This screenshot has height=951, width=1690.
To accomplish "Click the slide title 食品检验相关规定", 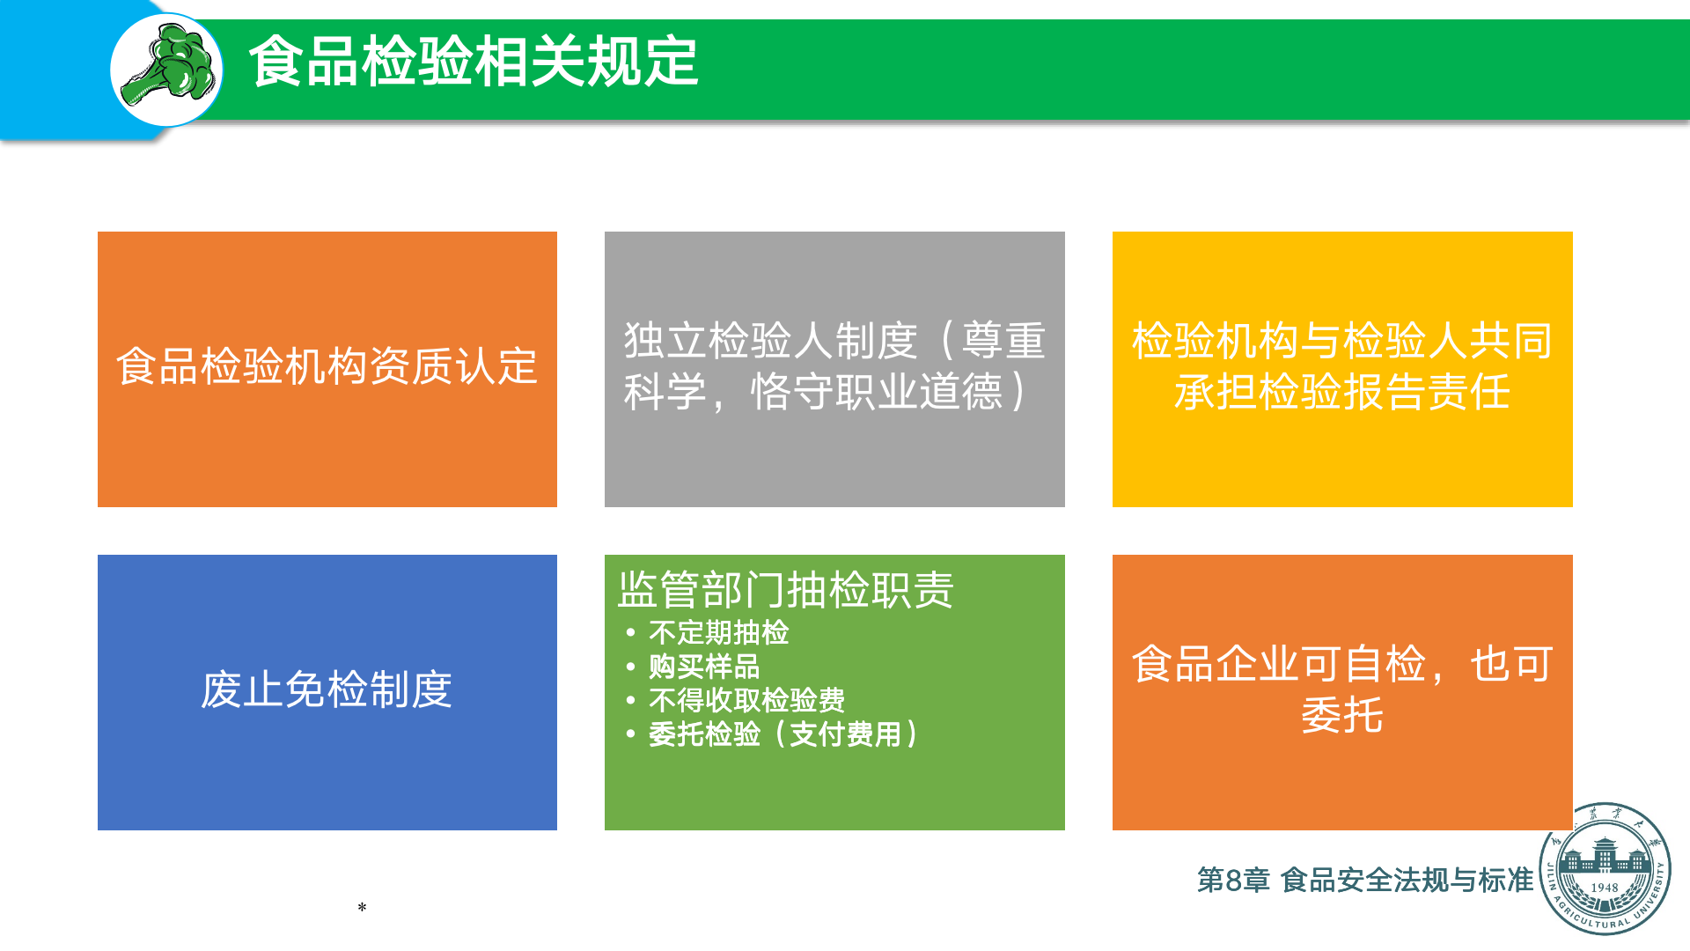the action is pyautogui.click(x=474, y=62).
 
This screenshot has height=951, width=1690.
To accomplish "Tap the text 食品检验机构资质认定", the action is pyautogui.click(x=327, y=366).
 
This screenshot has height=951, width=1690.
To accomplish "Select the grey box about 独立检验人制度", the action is pyautogui.click(x=834, y=369).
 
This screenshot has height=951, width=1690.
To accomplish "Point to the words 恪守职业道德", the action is pyautogui.click(x=877, y=392).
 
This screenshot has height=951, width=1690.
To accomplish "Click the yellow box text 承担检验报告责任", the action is pyautogui.click(x=1342, y=392).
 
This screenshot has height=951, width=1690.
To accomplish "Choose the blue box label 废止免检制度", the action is pyautogui.click(x=327, y=689).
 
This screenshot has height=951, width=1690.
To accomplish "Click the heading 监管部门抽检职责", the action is pyautogui.click(x=786, y=589).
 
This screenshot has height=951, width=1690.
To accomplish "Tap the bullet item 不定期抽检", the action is pyautogui.click(x=718, y=632).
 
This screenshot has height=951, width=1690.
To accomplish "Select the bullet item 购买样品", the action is pyautogui.click(x=704, y=667).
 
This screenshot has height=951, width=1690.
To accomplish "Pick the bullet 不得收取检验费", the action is pyautogui.click(x=746, y=700).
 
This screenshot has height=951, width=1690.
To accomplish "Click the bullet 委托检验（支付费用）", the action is pyautogui.click(x=783, y=734).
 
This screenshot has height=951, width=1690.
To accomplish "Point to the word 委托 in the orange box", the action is pyautogui.click(x=1342, y=715).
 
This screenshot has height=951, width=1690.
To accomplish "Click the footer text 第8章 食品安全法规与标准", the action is pyautogui.click(x=1365, y=880).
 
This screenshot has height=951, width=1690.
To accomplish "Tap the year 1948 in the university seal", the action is pyautogui.click(x=1605, y=888).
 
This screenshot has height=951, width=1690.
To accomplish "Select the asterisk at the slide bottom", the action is pyautogui.click(x=362, y=907).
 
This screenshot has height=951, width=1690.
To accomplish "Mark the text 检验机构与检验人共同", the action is pyautogui.click(x=1342, y=341).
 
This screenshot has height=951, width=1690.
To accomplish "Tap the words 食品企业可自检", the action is pyautogui.click(x=1279, y=664).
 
